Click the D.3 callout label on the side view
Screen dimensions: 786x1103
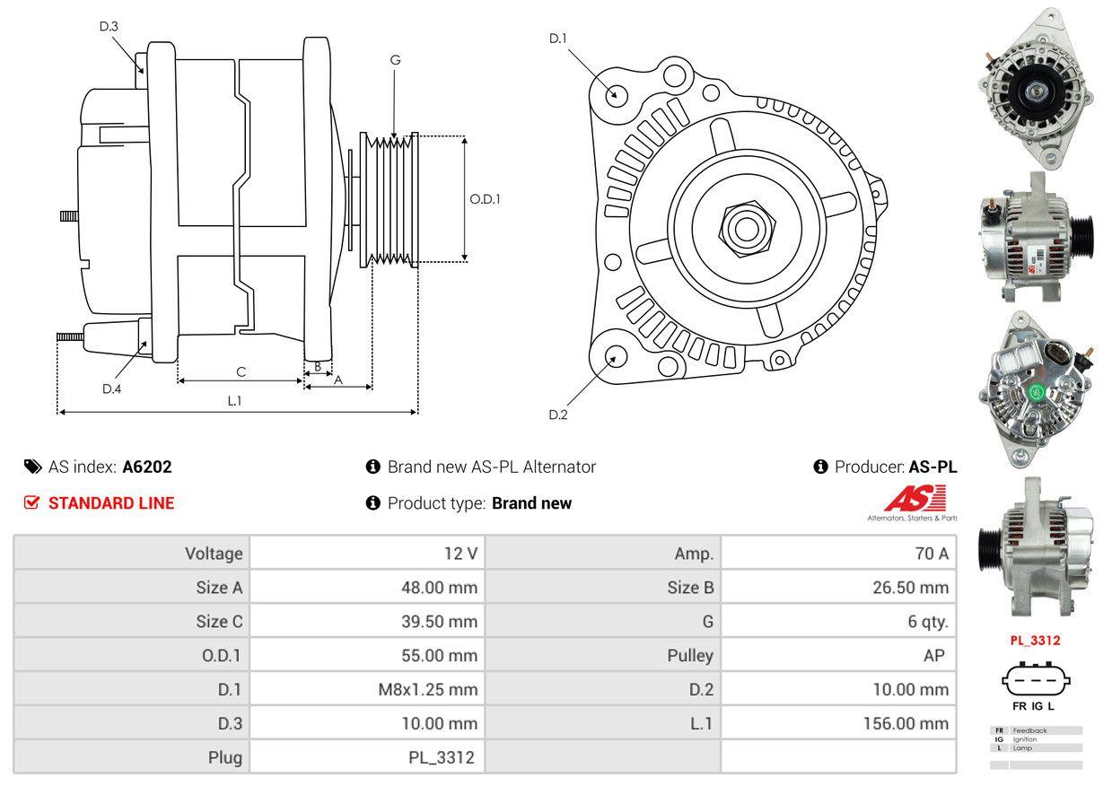pos(109,26)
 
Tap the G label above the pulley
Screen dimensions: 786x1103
pos(395,60)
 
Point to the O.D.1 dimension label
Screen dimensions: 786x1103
pos(486,199)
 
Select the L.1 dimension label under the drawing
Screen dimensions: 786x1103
pos(234,401)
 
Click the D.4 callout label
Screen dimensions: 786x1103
pos(111,389)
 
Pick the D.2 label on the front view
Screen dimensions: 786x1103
pos(558,415)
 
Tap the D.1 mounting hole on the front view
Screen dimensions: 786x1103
pos(616,93)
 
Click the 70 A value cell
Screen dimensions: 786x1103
pos(931,554)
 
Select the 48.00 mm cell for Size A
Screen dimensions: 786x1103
pos(439,588)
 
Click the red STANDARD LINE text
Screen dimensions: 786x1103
pos(111,503)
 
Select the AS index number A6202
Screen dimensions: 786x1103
pos(147,467)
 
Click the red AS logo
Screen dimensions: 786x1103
pos(915,498)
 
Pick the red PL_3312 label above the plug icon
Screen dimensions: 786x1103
pos(1035,641)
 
